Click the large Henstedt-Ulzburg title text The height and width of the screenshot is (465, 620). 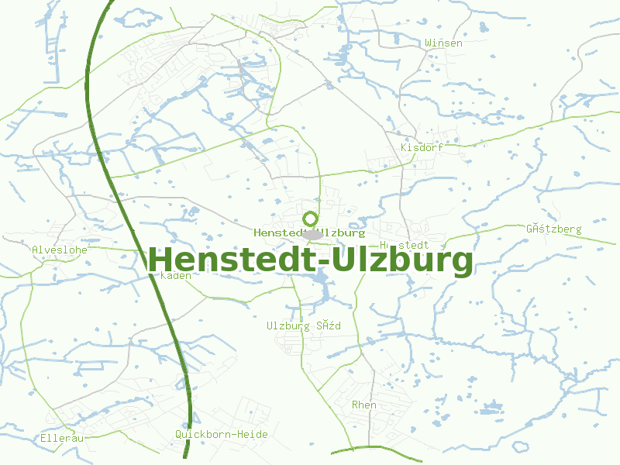coord(310,261)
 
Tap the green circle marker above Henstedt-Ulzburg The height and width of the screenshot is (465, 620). coord(311,219)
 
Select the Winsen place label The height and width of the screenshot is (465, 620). coord(443,43)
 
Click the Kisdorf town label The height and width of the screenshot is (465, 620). coord(422,147)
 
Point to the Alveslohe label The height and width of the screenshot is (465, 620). coord(60,250)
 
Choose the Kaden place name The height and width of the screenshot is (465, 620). coord(175,275)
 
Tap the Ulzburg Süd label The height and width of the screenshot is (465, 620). coord(303,325)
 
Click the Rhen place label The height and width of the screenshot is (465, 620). coord(364,405)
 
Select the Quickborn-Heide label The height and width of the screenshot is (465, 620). coord(222,434)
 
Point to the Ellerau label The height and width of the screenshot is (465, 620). coord(61,438)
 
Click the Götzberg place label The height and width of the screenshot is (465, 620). coord(553,229)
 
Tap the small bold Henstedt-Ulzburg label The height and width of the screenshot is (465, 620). coord(308,232)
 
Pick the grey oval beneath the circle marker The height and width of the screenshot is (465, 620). coord(312,234)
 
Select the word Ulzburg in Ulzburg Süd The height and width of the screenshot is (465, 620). coord(288,325)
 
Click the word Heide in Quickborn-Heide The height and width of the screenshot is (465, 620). coord(253,434)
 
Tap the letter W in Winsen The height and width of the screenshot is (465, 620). coord(428,43)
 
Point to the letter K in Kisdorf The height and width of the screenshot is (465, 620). coord(404,147)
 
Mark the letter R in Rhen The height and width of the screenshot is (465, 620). coord(355,405)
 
